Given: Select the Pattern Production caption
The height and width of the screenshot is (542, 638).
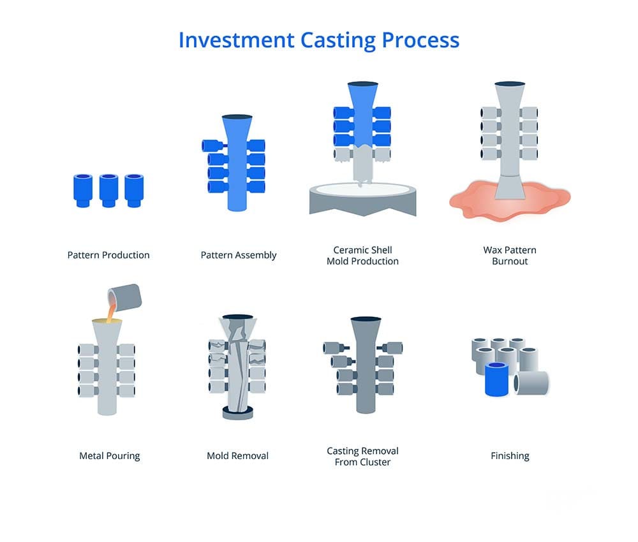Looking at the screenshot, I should coord(108,255).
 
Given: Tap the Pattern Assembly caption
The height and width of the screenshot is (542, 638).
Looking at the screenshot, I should coord(239,255).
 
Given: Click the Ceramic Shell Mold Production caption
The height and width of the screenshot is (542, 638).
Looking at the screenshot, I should coord(362,256).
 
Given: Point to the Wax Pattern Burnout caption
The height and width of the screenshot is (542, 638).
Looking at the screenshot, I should coord(510,256).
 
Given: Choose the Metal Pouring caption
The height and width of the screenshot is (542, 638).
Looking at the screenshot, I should coord(109,456).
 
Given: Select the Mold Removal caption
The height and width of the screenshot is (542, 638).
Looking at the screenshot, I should coord(237,456).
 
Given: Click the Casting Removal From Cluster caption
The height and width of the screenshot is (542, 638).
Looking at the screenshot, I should coord(362,456).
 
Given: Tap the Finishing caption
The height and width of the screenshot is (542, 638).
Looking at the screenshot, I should coord(510,456).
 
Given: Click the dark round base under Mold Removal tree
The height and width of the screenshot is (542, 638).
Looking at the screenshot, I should coord(237,412).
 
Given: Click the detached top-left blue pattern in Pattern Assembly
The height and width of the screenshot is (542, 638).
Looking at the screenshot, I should coord(210,146).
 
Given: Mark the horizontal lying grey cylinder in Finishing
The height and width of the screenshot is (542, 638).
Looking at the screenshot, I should coord(533,383).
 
